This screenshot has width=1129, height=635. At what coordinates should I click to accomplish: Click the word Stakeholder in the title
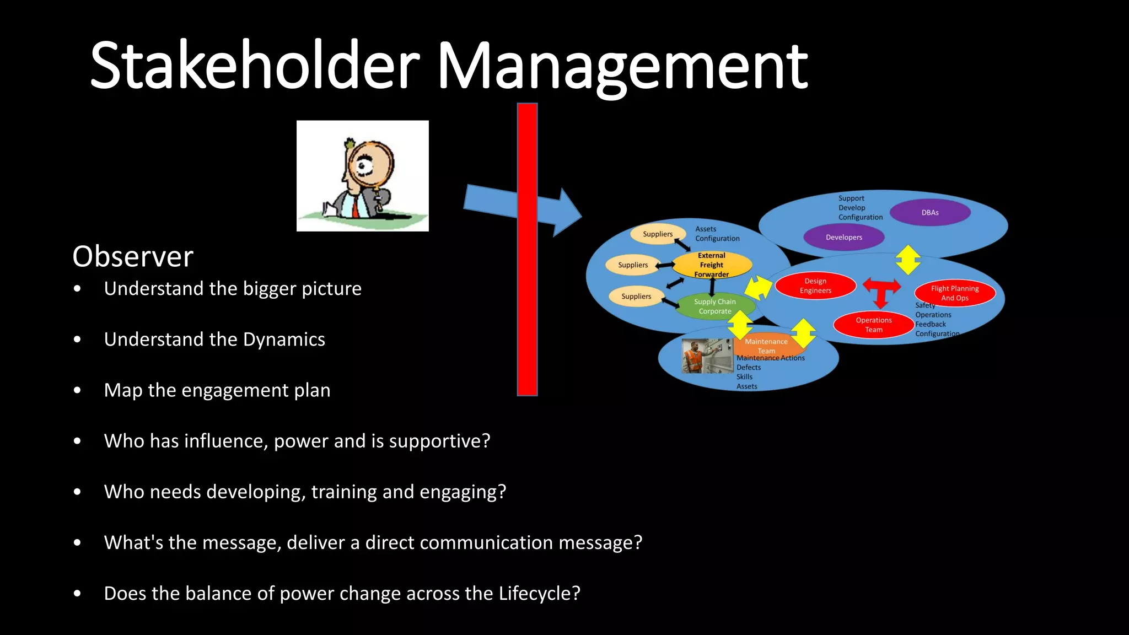255,66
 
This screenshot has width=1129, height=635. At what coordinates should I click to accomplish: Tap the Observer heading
133,257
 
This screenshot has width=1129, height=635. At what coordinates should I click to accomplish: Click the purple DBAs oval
930,213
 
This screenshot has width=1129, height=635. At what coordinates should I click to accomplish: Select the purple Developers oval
843,238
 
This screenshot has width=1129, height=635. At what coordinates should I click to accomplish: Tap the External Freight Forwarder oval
712,265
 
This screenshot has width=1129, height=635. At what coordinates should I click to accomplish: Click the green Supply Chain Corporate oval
715,306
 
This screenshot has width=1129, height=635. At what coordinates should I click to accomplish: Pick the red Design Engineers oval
815,286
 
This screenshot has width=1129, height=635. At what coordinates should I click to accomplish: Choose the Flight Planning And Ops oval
955,293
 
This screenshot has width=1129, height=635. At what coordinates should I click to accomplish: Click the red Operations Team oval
873,325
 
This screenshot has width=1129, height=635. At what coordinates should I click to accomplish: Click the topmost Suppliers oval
657,234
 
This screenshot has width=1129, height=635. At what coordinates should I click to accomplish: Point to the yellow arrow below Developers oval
908,260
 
